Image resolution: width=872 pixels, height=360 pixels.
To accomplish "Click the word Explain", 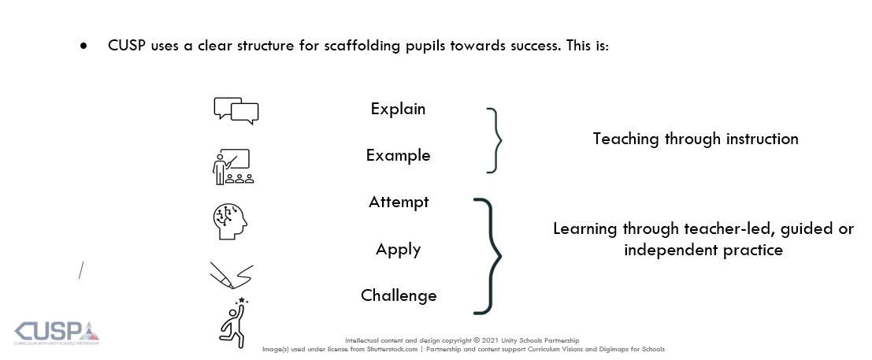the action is coord(398,109).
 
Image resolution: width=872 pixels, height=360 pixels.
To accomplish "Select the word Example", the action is coord(398,155).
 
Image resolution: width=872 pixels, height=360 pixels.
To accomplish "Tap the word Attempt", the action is coord(399,202).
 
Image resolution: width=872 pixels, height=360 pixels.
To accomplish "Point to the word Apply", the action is coord(398,249).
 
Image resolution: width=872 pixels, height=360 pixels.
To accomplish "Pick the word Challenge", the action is coord(399,295).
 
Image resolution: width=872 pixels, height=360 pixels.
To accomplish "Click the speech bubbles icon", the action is coord(236,110).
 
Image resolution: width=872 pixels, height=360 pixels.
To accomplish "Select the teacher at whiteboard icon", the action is coord(233,166).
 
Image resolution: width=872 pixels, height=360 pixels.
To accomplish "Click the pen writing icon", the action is coord(232,275).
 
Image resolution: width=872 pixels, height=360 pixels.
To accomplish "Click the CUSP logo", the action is coord(57,333).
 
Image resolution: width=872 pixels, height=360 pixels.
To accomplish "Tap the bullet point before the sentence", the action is coord(84,46).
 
